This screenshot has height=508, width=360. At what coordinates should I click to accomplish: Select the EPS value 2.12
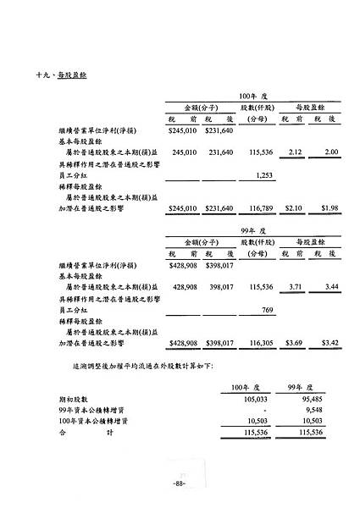296,152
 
